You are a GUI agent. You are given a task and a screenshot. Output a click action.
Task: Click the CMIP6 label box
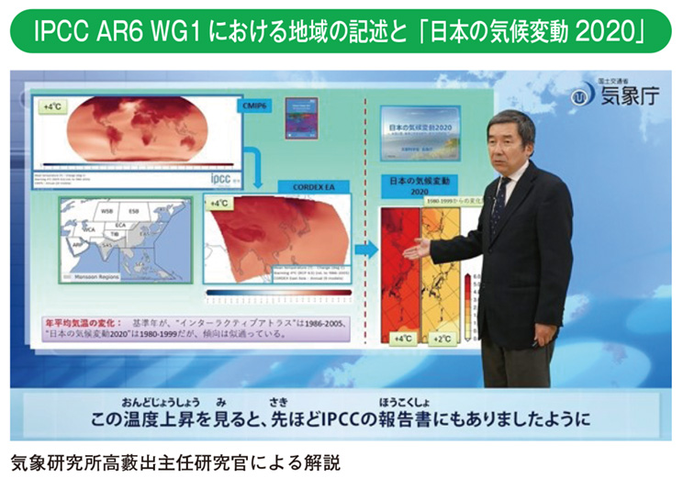[255, 106]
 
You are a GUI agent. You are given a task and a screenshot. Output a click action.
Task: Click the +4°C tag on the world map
[51, 107]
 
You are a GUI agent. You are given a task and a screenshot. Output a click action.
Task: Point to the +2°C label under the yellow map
[444, 339]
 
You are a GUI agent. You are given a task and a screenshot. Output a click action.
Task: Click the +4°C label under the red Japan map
[401, 339]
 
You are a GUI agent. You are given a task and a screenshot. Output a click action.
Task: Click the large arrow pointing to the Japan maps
[366, 249]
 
